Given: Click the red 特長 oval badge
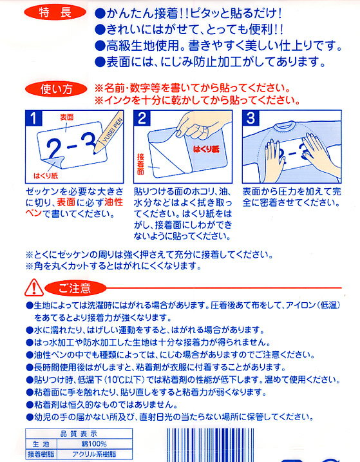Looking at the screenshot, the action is tap(55, 13).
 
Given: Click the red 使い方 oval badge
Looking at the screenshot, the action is tap(56, 89).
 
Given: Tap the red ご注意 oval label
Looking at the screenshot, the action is tap(75, 288).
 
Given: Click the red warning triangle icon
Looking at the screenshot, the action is tap(34, 288).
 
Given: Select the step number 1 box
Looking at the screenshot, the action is tap(33, 118).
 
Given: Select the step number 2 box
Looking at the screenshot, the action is tap(142, 118).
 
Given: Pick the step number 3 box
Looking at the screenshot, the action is tap(251, 118).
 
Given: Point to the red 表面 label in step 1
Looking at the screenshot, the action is tap(66, 117).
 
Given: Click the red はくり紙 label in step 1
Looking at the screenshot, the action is tap(46, 176).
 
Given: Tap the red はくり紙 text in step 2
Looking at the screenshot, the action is tap(206, 149).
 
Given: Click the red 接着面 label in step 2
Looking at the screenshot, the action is tap(140, 164).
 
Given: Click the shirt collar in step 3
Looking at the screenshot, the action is tap(285, 126).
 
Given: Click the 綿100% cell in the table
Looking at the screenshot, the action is tap(94, 444).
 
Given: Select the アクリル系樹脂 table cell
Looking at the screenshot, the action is tap(94, 454).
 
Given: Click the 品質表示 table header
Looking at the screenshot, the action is tap(79, 434).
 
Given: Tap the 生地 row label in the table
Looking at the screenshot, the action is tap(41, 444).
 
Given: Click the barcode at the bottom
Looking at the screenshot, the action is tap(211, 445).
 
